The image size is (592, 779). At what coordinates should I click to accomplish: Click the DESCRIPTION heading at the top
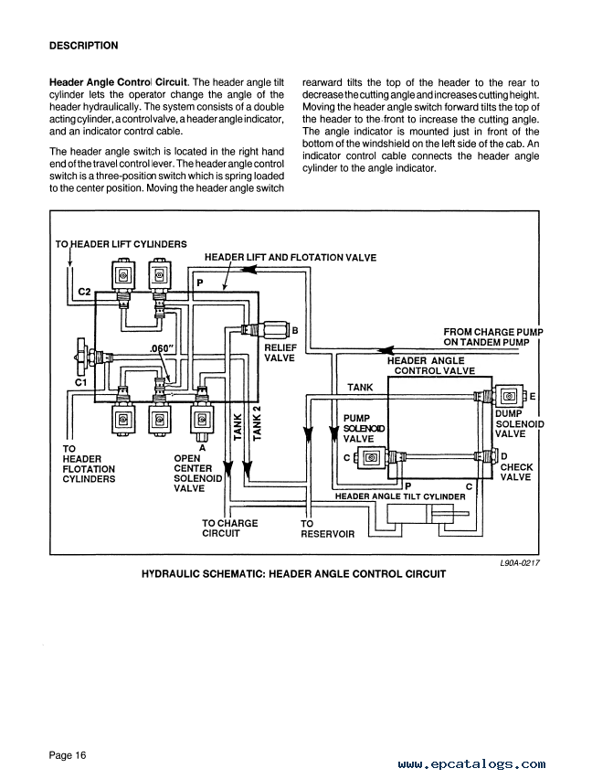tap(84, 46)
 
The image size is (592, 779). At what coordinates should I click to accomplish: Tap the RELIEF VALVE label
tap(280, 353)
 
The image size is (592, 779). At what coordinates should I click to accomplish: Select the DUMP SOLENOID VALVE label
tap(519, 423)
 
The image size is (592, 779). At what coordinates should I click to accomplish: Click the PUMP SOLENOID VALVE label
tap(364, 428)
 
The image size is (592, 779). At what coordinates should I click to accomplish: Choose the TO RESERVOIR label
tap(327, 528)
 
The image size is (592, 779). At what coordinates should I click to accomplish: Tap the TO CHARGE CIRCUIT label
tap(229, 528)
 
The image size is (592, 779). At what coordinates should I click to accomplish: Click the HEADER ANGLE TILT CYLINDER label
tap(400, 496)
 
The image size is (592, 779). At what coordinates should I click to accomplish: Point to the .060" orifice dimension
tap(162, 348)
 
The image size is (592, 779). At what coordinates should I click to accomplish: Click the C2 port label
tap(84, 291)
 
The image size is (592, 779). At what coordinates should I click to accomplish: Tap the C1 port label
tap(81, 382)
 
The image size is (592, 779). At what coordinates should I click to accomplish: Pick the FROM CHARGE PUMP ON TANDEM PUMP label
tap(493, 336)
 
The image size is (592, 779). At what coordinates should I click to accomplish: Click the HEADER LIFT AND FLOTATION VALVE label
tap(291, 257)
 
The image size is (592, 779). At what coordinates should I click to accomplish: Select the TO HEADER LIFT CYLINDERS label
tap(122, 244)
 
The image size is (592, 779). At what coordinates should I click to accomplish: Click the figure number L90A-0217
tap(520, 563)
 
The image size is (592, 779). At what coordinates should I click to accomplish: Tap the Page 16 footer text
tap(68, 755)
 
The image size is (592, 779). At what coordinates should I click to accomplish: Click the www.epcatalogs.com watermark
tap(471, 764)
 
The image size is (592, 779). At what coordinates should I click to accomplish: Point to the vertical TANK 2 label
tap(256, 422)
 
